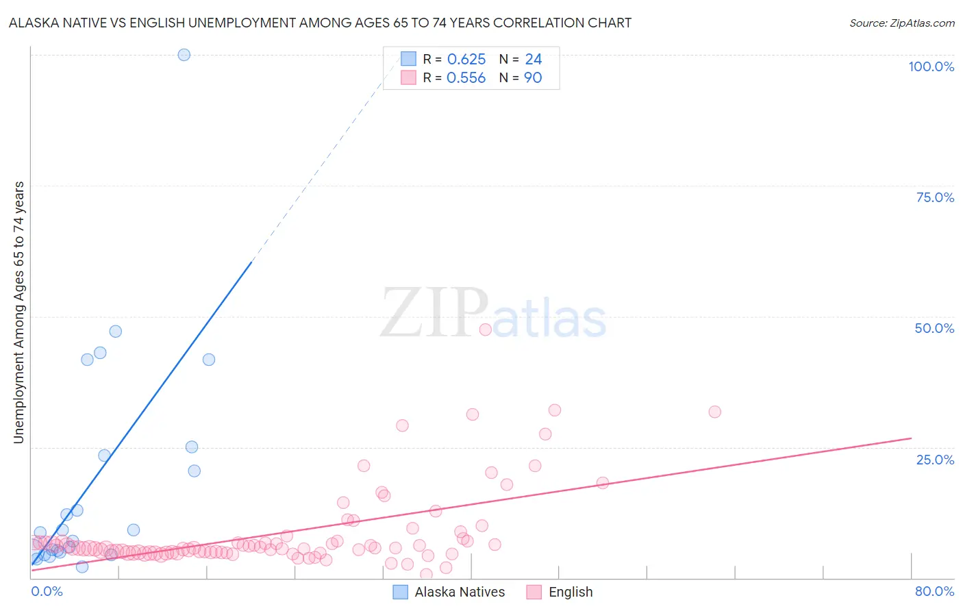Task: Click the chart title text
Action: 320,23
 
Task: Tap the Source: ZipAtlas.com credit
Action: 901,23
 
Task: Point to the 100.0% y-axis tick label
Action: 931,66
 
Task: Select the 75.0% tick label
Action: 935,197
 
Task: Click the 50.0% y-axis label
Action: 934,328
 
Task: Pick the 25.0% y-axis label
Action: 935,460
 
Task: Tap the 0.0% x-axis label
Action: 47,591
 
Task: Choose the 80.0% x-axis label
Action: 934,591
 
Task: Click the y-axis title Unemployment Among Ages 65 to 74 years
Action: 19,312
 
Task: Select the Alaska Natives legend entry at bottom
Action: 449,592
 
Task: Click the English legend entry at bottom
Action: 560,592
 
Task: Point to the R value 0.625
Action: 466,60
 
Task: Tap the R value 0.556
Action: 466,78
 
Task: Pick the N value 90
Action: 533,78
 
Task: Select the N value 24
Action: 534,60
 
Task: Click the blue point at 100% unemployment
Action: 184,55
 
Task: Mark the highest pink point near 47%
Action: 486,329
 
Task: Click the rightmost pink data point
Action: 714,412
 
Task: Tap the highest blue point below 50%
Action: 116,332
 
